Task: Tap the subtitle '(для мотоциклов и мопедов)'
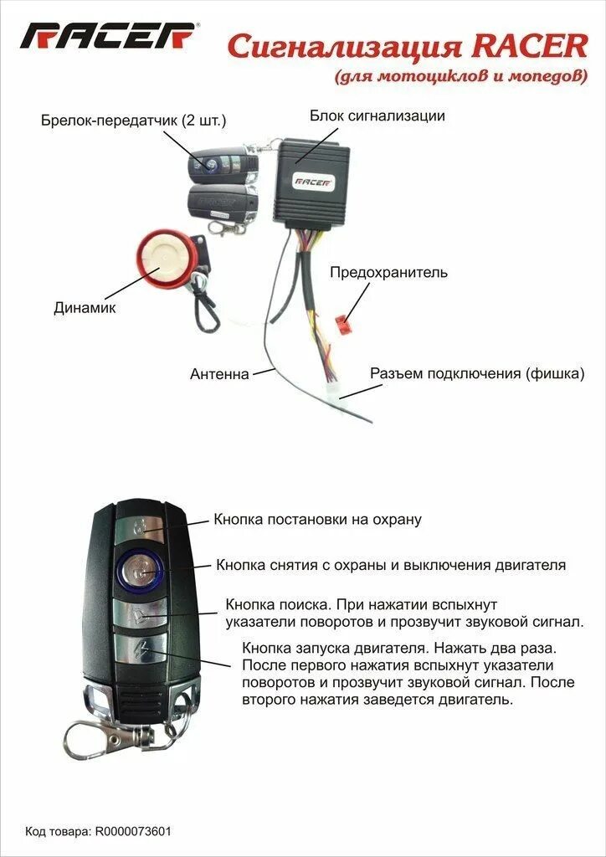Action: (460, 77)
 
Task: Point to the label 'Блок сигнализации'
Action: (377, 116)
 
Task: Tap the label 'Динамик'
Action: (85, 308)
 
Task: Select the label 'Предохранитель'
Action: (388, 273)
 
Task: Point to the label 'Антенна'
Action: (219, 374)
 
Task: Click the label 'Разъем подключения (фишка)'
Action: (477, 373)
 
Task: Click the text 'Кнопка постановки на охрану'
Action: (317, 520)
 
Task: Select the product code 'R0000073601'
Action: (134, 831)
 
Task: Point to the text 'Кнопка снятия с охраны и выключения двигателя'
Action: (391, 566)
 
